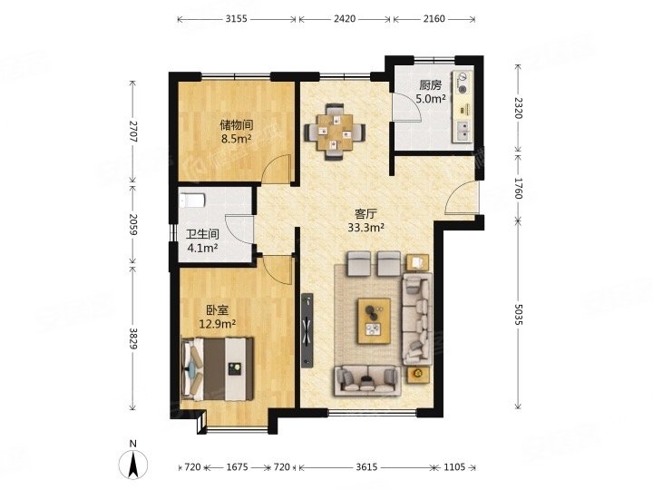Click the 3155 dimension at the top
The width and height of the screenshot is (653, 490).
[x=236, y=19]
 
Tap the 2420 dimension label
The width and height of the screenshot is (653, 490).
[x=345, y=19]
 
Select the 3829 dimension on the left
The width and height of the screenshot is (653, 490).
[x=132, y=339]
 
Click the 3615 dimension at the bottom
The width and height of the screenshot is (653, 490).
[x=366, y=467]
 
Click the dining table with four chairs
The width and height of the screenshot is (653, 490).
[x=335, y=132]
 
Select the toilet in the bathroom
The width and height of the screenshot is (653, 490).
[x=192, y=200]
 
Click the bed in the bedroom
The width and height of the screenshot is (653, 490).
[x=217, y=368]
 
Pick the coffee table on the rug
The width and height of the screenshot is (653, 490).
[x=374, y=321]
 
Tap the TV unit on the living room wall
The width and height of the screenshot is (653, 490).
[x=307, y=330]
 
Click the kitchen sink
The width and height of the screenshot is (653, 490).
[x=463, y=130]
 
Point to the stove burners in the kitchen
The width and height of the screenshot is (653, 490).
[x=463, y=83]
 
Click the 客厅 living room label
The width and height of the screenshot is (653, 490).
[x=365, y=214]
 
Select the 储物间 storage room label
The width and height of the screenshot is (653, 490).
[x=237, y=125]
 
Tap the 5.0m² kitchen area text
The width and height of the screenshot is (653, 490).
[x=431, y=99]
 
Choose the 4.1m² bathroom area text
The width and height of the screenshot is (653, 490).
[x=203, y=249]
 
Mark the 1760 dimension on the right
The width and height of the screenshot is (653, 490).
[x=518, y=188]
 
